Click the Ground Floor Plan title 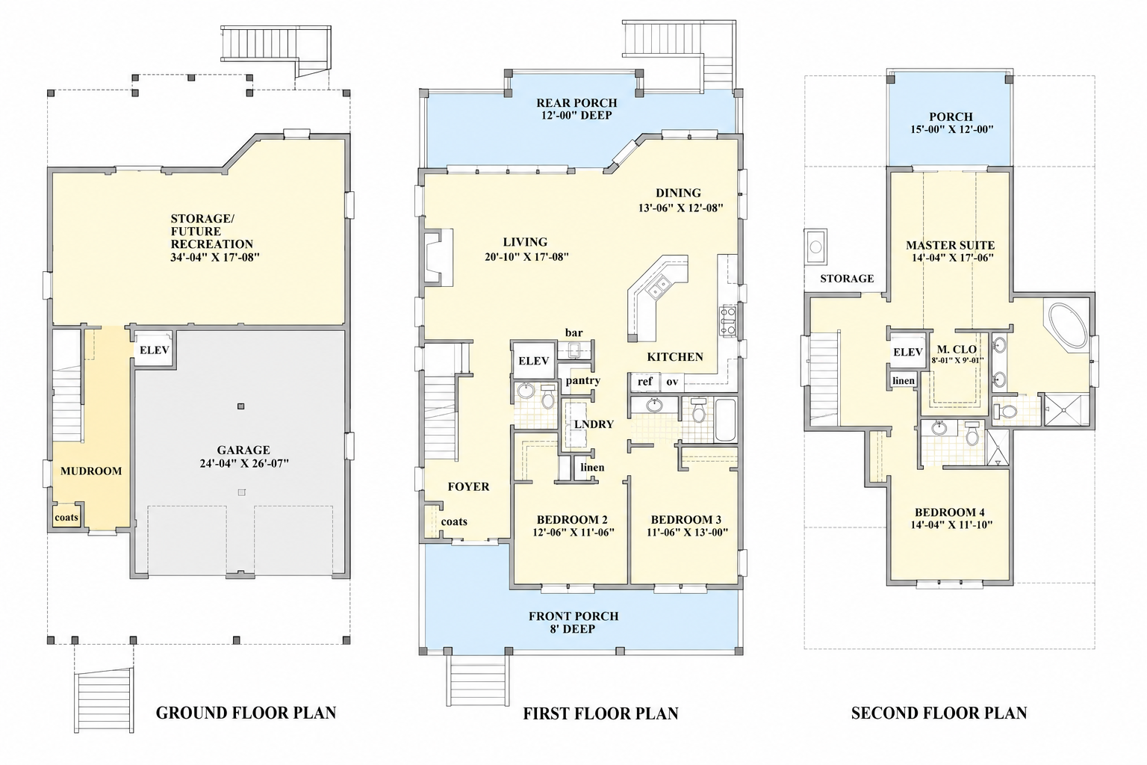(x=246, y=713)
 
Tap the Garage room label (x=243, y=450)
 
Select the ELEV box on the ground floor (x=154, y=348)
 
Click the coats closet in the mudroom (x=66, y=517)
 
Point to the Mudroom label (x=91, y=471)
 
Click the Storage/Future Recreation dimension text (x=215, y=257)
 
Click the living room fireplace (x=438, y=256)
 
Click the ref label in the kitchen (x=644, y=381)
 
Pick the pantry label (x=582, y=381)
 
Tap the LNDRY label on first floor (x=594, y=424)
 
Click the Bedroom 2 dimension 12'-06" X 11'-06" (x=573, y=533)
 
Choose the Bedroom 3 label (x=686, y=519)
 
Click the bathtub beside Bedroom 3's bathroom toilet (x=724, y=420)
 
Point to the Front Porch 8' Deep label (x=573, y=622)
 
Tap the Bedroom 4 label (x=949, y=512)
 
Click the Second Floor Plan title (x=939, y=713)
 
